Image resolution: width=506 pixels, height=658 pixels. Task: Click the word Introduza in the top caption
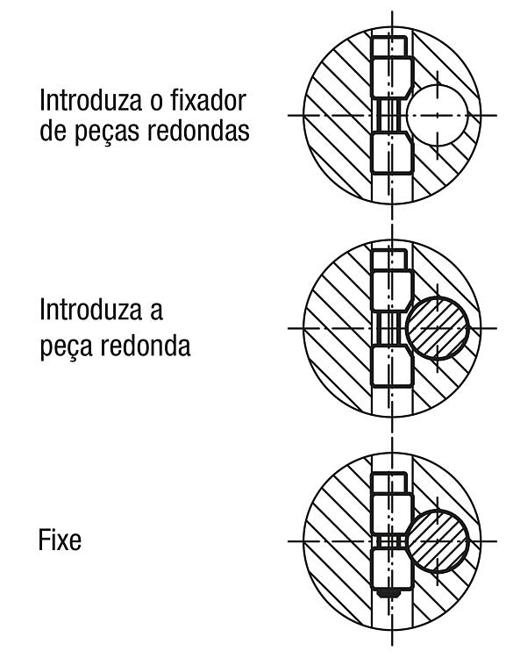point(90,101)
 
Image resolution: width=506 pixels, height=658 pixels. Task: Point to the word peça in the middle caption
point(67,347)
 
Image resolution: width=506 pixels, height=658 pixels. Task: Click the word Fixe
point(60,540)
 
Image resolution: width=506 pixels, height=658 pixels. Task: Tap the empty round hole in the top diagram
point(437,115)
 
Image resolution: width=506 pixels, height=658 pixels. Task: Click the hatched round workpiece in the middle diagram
point(437,328)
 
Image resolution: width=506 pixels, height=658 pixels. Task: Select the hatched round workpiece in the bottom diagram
point(437,541)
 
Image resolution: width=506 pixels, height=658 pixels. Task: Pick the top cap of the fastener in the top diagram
point(389,46)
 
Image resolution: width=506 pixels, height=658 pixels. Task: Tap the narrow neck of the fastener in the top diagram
point(390,116)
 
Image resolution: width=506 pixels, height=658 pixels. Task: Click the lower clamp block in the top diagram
point(392,154)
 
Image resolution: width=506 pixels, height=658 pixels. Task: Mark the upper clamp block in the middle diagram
point(392,291)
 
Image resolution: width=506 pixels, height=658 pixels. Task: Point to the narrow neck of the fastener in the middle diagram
point(390,329)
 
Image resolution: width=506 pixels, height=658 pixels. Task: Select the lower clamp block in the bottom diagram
point(391,569)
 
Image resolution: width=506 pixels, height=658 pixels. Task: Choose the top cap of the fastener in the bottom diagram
point(389,483)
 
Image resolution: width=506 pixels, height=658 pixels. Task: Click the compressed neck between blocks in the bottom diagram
point(390,541)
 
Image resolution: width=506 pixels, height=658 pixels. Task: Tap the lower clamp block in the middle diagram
point(392,366)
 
